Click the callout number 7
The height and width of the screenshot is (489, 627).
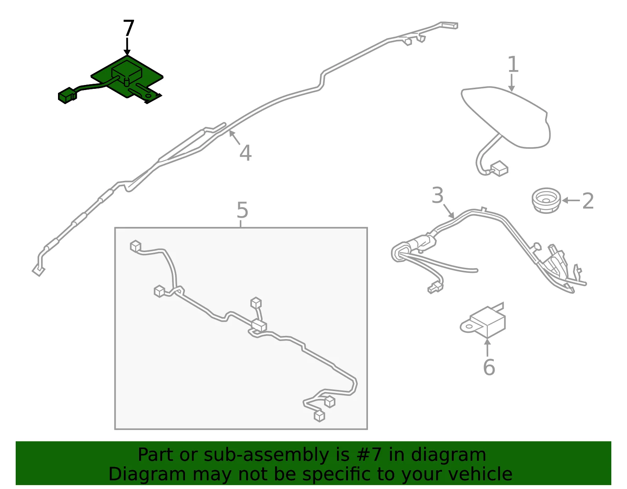pyautogui.click(x=129, y=28)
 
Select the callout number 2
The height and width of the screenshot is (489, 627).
pyautogui.click(x=588, y=201)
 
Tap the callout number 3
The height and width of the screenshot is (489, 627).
pyautogui.click(x=437, y=195)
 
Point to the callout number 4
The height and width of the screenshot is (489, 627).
pyautogui.click(x=246, y=153)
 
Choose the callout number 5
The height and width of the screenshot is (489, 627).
pyautogui.click(x=242, y=210)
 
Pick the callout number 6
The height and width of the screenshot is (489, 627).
pyautogui.click(x=489, y=367)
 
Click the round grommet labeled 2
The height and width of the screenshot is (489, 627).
pyautogui.click(x=546, y=200)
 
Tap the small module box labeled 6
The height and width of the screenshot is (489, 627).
pyautogui.click(x=487, y=322)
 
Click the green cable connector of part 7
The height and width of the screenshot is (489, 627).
pyautogui.click(x=67, y=95)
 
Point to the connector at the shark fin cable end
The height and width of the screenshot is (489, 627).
pyautogui.click(x=499, y=169)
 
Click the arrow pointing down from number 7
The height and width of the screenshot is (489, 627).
pyautogui.click(x=127, y=46)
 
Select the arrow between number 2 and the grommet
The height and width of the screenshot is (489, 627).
pyautogui.click(x=571, y=200)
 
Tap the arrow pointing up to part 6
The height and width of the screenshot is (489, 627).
pyautogui.click(x=487, y=348)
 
